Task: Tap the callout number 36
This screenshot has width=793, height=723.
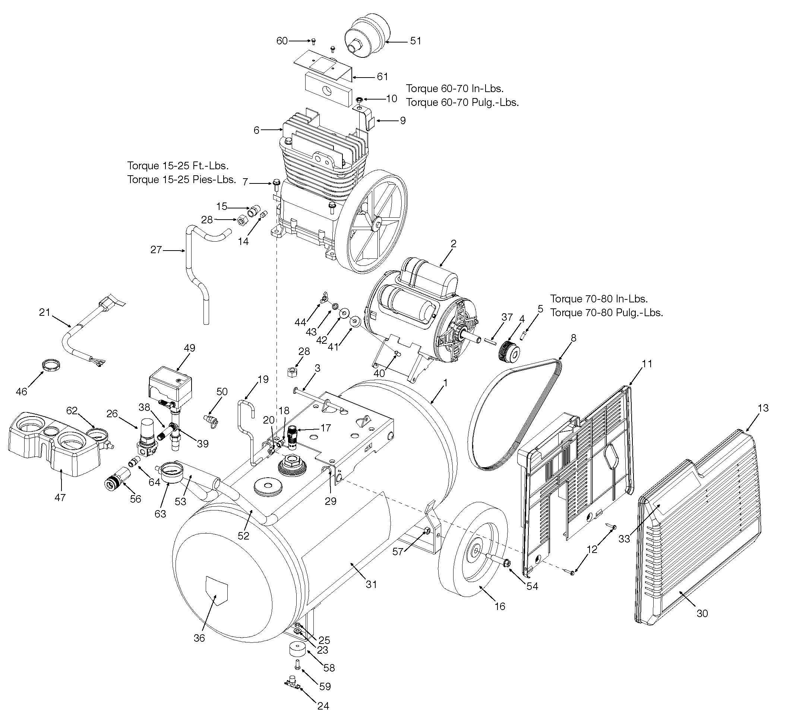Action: tap(199, 638)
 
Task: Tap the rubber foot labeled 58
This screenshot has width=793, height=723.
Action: tap(298, 649)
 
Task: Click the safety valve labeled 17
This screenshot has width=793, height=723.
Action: tap(293, 437)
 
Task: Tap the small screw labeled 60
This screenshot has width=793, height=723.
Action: tap(313, 42)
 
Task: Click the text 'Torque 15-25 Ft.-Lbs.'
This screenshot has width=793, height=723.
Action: tap(178, 165)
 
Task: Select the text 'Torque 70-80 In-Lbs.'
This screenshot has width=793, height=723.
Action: tap(599, 298)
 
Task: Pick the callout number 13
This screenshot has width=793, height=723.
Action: tap(763, 408)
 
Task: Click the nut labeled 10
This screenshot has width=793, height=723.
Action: tap(359, 100)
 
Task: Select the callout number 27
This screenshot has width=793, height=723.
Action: tap(156, 249)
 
